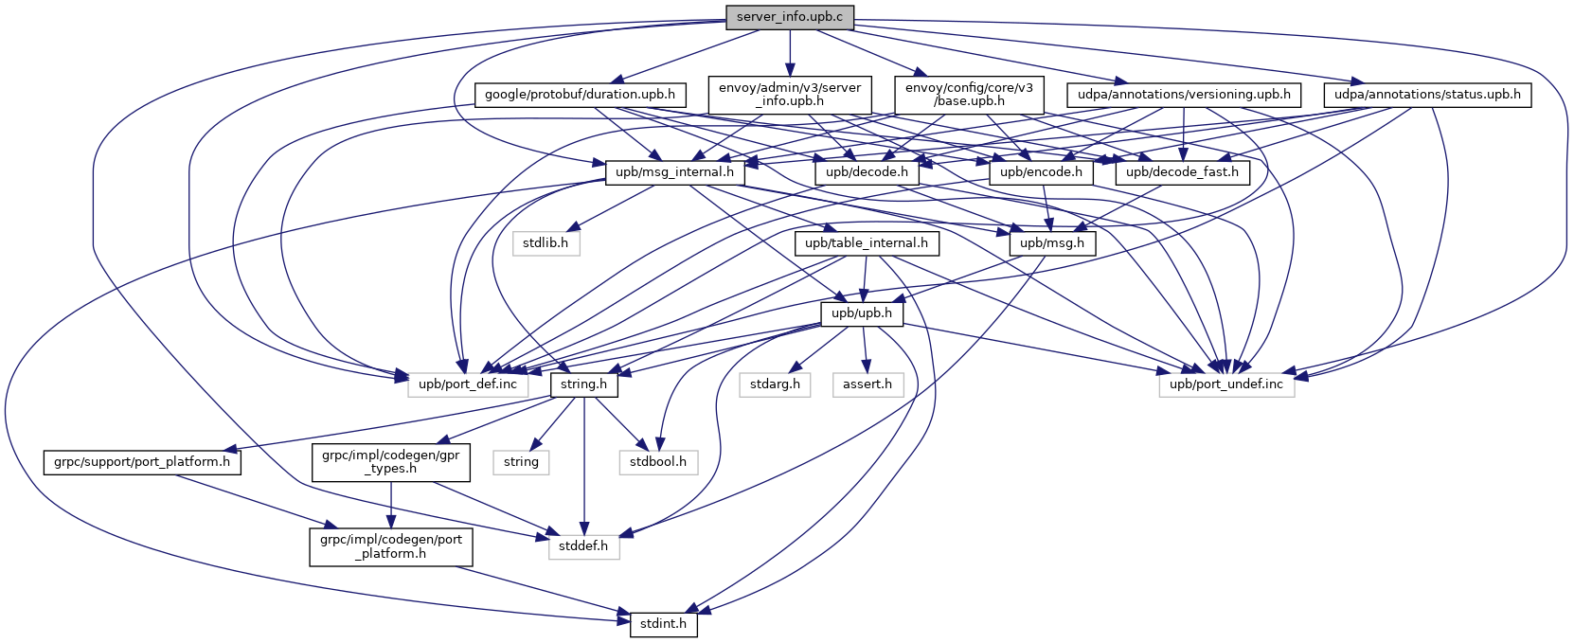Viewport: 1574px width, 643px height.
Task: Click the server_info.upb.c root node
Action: pyautogui.click(x=790, y=17)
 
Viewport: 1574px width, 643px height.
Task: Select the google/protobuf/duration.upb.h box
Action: pyautogui.click(x=580, y=95)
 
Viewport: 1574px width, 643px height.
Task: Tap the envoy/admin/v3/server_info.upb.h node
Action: pyautogui.click(x=790, y=94)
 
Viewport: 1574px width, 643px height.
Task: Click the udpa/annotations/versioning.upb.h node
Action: pyautogui.click(x=1184, y=95)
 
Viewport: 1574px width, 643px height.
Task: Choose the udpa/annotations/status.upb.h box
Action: pyautogui.click(x=1427, y=95)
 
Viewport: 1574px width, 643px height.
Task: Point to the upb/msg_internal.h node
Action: pyautogui.click(x=674, y=172)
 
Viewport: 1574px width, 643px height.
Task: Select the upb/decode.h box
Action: pyautogui.click(x=867, y=172)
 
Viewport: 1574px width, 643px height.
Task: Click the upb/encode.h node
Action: pyautogui.click(x=1041, y=172)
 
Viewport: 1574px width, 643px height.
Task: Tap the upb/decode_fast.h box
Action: pyautogui.click(x=1182, y=172)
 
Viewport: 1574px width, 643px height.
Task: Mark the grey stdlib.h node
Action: pyautogui.click(x=546, y=243)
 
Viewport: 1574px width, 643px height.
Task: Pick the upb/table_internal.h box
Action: pyautogui.click(x=867, y=243)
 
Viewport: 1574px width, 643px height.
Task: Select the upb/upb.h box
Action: pyautogui.click(x=862, y=313)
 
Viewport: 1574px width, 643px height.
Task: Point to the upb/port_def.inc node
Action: pyautogui.click(x=468, y=384)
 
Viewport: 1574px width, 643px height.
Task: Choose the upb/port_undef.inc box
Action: pyautogui.click(x=1225, y=384)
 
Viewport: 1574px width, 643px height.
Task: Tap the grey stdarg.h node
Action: pyautogui.click(x=775, y=384)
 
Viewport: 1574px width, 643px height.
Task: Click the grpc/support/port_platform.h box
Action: pyautogui.click(x=142, y=462)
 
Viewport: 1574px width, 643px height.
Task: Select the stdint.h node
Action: pyautogui.click(x=663, y=625)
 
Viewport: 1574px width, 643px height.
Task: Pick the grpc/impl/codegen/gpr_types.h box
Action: pyautogui.click(x=390, y=462)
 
